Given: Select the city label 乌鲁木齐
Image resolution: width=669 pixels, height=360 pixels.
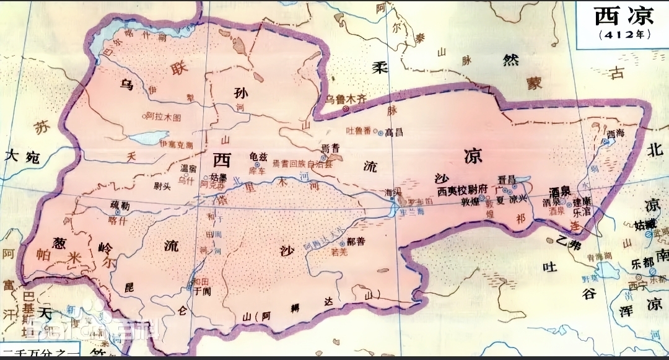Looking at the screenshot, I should click(348, 99).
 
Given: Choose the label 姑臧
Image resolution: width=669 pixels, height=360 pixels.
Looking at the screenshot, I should click(656, 224).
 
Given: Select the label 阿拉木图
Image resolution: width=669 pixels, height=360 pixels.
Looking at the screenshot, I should click(164, 116).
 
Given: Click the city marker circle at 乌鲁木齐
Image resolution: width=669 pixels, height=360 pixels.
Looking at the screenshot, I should click(346, 109).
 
